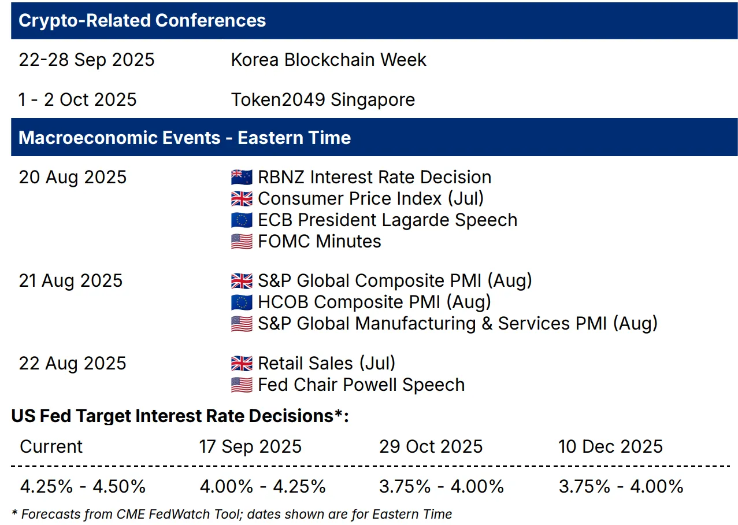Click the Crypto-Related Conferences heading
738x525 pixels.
click(142, 20)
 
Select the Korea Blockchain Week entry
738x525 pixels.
click(328, 60)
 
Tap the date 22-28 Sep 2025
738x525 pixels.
click(87, 60)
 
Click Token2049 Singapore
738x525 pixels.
click(323, 99)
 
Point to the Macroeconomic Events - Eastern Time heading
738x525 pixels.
click(184, 138)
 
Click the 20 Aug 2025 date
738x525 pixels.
click(73, 178)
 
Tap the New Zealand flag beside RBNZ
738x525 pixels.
click(242, 178)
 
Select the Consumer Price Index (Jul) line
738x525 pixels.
click(370, 199)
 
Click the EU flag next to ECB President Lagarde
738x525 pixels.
click(242, 220)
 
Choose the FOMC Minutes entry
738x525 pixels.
click(319, 242)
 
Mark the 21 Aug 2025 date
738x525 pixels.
click(71, 281)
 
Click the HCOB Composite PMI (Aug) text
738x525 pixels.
click(374, 302)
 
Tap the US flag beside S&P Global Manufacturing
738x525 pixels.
click(242, 324)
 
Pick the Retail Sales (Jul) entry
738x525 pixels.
click(327, 364)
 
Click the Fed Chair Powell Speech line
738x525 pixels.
click(361, 385)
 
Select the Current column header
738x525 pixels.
click(51, 446)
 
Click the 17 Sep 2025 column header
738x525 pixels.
click(250, 446)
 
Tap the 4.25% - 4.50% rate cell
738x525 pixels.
click(83, 486)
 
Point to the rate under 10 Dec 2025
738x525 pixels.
click(621, 486)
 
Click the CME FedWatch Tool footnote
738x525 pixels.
click(231, 514)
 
